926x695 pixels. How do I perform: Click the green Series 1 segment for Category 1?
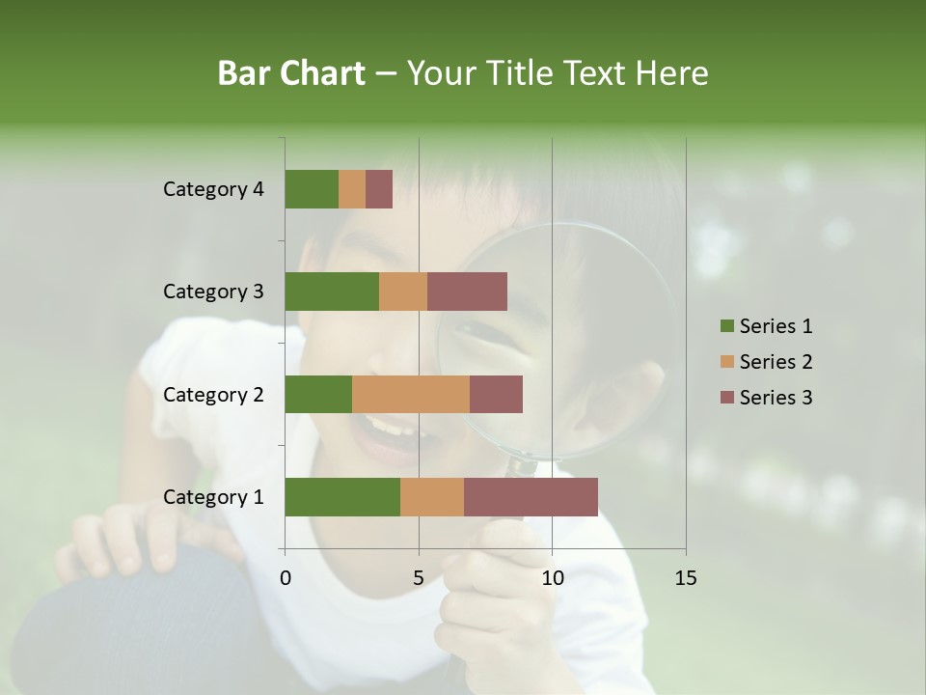[x=342, y=497]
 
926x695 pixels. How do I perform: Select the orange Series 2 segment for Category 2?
[x=411, y=394]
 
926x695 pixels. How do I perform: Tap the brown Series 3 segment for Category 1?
[x=531, y=497]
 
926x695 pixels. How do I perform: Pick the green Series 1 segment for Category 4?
[x=312, y=189]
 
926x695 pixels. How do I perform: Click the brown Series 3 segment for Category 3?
[x=467, y=292]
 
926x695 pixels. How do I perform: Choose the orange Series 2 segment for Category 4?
[x=352, y=189]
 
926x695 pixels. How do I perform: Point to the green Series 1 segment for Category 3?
[x=332, y=292]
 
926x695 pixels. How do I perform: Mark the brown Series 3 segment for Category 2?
[x=496, y=394]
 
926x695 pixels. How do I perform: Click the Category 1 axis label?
[x=213, y=497]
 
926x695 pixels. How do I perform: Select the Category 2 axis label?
[x=213, y=394]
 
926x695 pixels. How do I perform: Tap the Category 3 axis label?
[x=213, y=292]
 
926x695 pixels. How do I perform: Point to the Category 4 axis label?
[x=213, y=189]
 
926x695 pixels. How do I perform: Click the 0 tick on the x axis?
[x=286, y=578]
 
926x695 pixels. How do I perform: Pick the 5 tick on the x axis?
[x=419, y=578]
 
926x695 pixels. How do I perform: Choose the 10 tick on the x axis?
[x=552, y=578]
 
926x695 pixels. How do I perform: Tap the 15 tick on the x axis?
[x=685, y=578]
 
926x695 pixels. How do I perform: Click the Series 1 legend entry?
[x=766, y=326]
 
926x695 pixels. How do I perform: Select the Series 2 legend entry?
[x=766, y=362]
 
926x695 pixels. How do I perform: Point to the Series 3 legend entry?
[x=766, y=398]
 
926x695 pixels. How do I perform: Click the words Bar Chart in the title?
[x=290, y=73]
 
